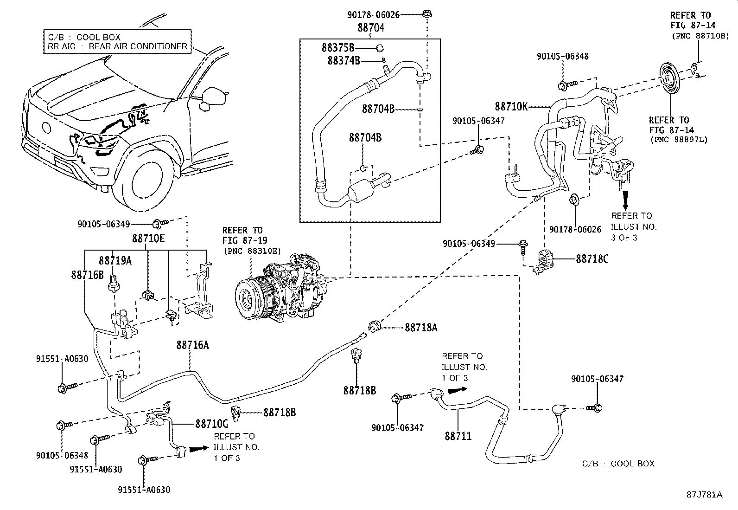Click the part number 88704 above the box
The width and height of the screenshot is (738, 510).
click(371, 28)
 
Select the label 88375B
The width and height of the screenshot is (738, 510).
click(338, 47)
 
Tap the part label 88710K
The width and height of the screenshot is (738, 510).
click(511, 106)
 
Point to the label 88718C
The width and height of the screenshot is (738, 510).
click(592, 259)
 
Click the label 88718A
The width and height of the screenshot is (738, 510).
click(421, 328)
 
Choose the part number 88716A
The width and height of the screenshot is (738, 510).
click(192, 345)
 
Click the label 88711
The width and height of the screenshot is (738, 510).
click(458, 436)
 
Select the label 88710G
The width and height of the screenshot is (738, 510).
click(212, 424)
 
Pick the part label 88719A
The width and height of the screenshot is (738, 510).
click(115, 261)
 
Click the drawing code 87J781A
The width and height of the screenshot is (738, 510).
click(704, 495)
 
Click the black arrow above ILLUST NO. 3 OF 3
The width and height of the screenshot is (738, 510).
click(625, 200)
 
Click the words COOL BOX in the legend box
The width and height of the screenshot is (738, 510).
click(98, 37)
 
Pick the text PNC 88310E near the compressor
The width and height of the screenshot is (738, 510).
click(252, 251)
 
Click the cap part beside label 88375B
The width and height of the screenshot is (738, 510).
click(379, 47)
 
